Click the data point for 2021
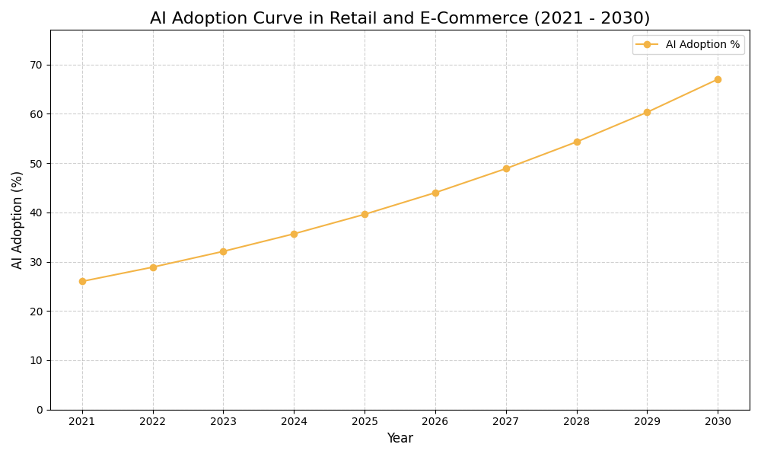pyautogui.click(x=82, y=281)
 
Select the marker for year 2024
pyautogui.click(x=294, y=234)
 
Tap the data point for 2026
pyautogui.click(x=435, y=193)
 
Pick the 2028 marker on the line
pyautogui.click(x=577, y=142)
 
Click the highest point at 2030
pyautogui.click(x=718, y=79)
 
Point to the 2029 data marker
pyautogui.click(x=647, y=112)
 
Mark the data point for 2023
pyautogui.click(x=223, y=251)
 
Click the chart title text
pyautogui.click(x=400, y=18)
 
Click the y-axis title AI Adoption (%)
pyautogui.click(x=18, y=219)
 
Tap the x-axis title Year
pyautogui.click(x=400, y=439)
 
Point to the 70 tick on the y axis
pyautogui.click(x=37, y=65)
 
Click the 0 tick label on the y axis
pyautogui.click(x=40, y=410)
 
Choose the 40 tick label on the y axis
pyautogui.click(x=37, y=213)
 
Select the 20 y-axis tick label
pyautogui.click(x=37, y=312)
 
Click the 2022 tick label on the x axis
pyautogui.click(x=153, y=422)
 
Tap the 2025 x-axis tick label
pyautogui.click(x=365, y=422)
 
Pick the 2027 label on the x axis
pyautogui.click(x=506, y=422)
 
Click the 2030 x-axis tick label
pyautogui.click(x=718, y=422)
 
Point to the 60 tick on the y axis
pyautogui.click(x=37, y=114)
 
